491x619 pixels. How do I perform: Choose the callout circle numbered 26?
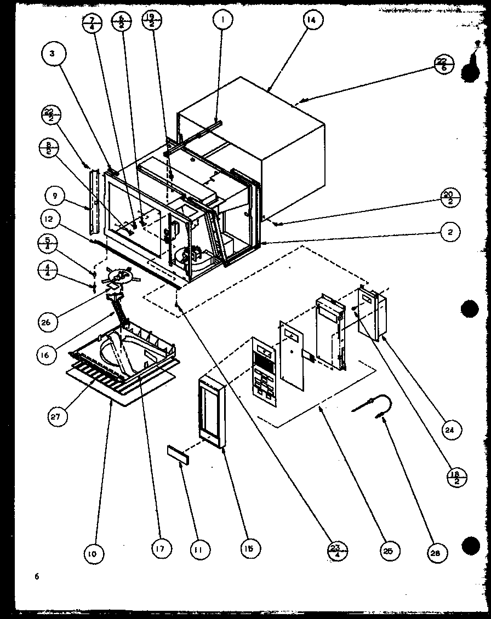click(x=46, y=322)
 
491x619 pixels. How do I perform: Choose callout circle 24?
click(x=450, y=430)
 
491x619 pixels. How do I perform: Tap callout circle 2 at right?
click(x=450, y=232)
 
